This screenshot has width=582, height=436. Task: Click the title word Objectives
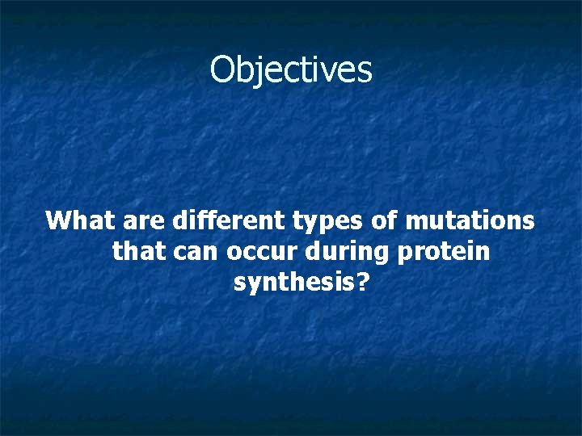[x=291, y=69]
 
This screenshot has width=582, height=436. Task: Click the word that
[x=137, y=252]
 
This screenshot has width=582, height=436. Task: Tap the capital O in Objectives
[x=223, y=69]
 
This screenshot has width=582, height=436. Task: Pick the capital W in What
[x=61, y=220]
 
